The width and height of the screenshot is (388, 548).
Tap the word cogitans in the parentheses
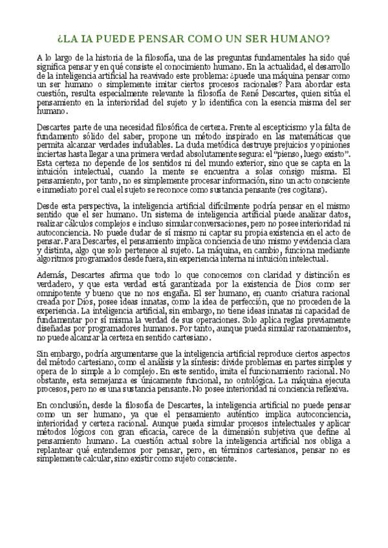click(312, 191)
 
